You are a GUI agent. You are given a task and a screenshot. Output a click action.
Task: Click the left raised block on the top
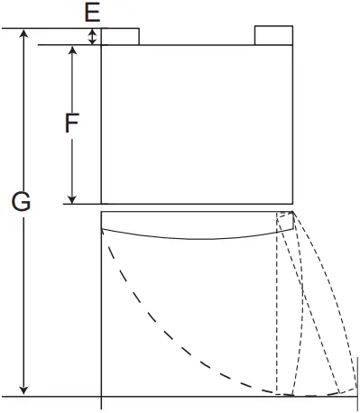point(120,35)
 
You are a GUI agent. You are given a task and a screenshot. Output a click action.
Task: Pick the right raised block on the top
point(273,34)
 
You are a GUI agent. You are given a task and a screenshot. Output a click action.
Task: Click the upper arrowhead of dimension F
point(72,50)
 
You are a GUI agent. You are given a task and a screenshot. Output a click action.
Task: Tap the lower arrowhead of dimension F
point(72,197)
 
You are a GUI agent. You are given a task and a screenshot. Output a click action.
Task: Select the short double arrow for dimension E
point(92,36)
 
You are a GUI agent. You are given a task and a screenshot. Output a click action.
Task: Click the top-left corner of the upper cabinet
point(101,44)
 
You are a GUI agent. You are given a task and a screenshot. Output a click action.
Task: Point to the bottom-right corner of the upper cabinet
point(294,204)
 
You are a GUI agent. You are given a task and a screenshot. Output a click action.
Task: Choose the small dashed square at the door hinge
point(285,223)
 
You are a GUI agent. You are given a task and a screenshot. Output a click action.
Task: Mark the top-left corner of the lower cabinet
point(101,213)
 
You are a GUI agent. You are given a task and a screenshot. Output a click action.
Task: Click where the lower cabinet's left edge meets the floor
point(101,396)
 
